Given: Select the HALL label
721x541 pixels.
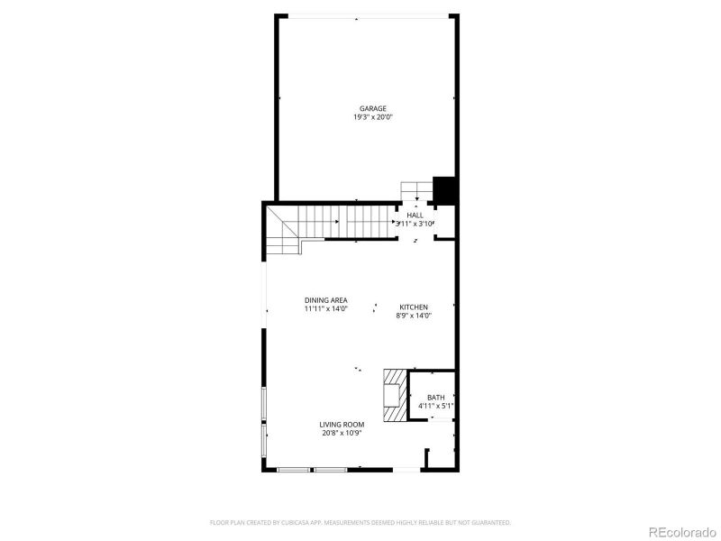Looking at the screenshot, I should pyautogui.click(x=415, y=215).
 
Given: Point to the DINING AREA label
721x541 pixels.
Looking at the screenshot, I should pyautogui.click(x=326, y=300).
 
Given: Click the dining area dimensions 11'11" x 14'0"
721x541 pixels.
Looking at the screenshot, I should pyautogui.click(x=326, y=309).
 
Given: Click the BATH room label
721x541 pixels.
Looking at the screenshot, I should pyautogui.click(x=436, y=398).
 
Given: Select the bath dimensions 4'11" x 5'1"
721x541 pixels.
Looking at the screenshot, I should pyautogui.click(x=436, y=407).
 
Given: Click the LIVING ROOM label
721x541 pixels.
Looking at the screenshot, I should pyautogui.click(x=342, y=424).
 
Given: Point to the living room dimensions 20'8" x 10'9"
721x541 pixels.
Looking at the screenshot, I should pyautogui.click(x=342, y=433).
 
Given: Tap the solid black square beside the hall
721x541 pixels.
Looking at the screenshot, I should pyautogui.click(x=444, y=190).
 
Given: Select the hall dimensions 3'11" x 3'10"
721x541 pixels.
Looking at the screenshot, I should pyautogui.click(x=415, y=224).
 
